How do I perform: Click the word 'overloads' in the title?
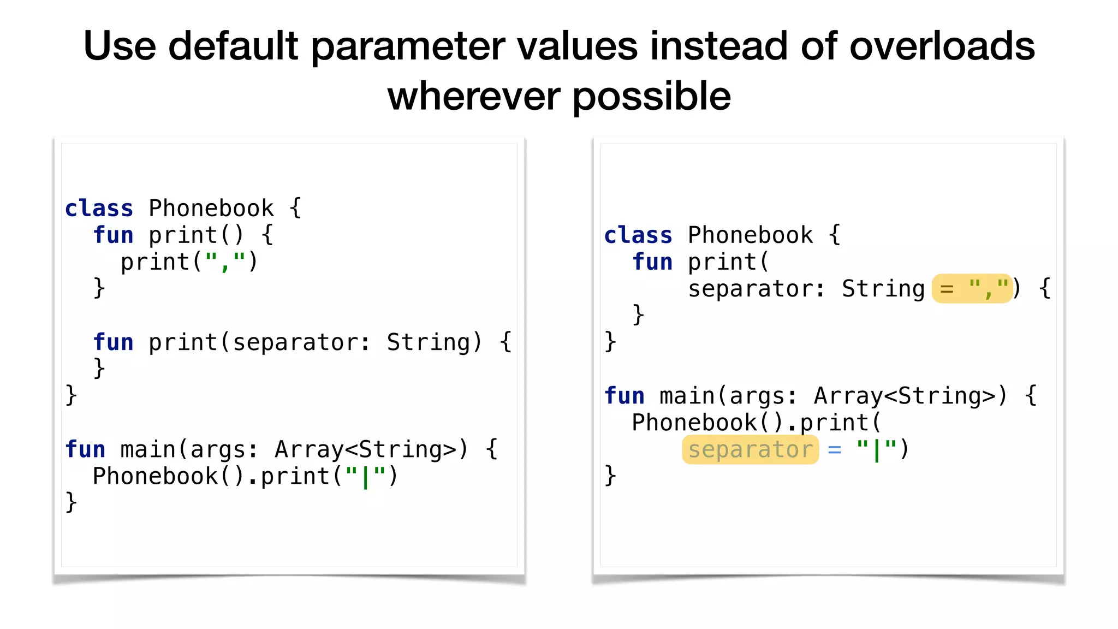click(942, 46)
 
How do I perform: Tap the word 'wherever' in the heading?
click(473, 96)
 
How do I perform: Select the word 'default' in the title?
click(233, 46)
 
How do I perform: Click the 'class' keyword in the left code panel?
click(99, 209)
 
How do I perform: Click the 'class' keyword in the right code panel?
click(638, 235)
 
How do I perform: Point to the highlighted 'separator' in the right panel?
click(750, 450)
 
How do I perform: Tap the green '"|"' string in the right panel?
click(876, 450)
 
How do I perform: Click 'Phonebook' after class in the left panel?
click(211, 209)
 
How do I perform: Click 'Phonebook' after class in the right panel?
click(750, 235)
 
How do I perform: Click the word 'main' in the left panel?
click(148, 450)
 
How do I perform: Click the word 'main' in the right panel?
click(687, 396)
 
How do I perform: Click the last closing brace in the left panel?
click(71, 502)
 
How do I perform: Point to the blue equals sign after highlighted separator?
click(834, 450)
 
